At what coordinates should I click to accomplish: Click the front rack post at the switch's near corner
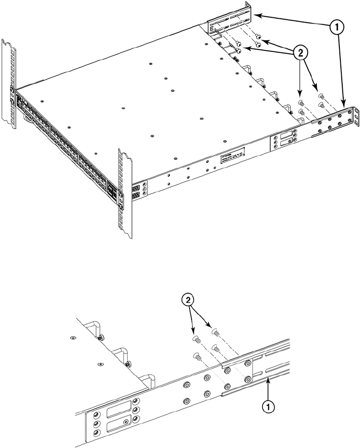tap(124, 192)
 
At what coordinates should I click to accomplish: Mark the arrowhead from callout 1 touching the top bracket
tap(256, 16)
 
